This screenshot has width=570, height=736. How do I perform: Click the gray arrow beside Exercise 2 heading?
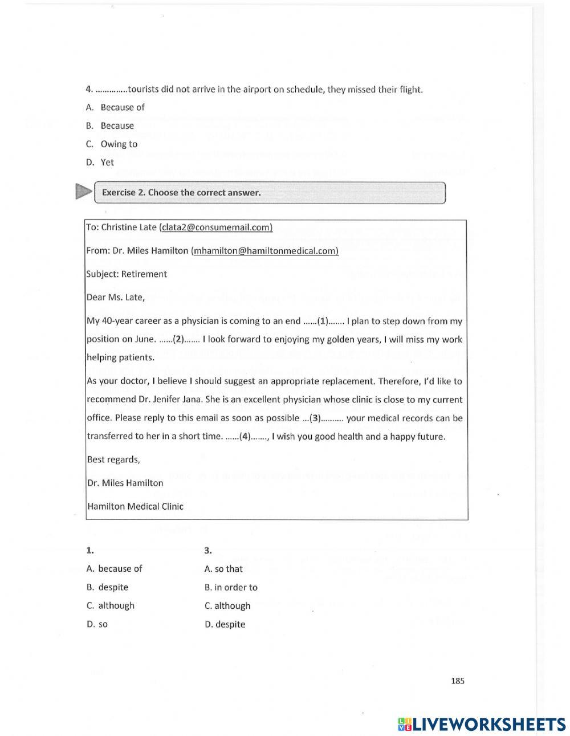83,192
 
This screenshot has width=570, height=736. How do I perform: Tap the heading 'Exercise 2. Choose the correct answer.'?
181,192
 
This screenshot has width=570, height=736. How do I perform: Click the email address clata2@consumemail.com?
216,227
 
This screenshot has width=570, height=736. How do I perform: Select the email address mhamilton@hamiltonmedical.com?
265,250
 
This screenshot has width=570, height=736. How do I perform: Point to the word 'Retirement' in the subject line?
144,274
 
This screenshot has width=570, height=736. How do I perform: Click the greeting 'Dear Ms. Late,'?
116,296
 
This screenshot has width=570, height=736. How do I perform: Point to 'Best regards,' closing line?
113,460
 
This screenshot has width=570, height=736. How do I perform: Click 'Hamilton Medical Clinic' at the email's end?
135,506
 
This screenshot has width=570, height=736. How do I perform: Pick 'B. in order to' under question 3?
231,587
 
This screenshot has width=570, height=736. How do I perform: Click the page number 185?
457,680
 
